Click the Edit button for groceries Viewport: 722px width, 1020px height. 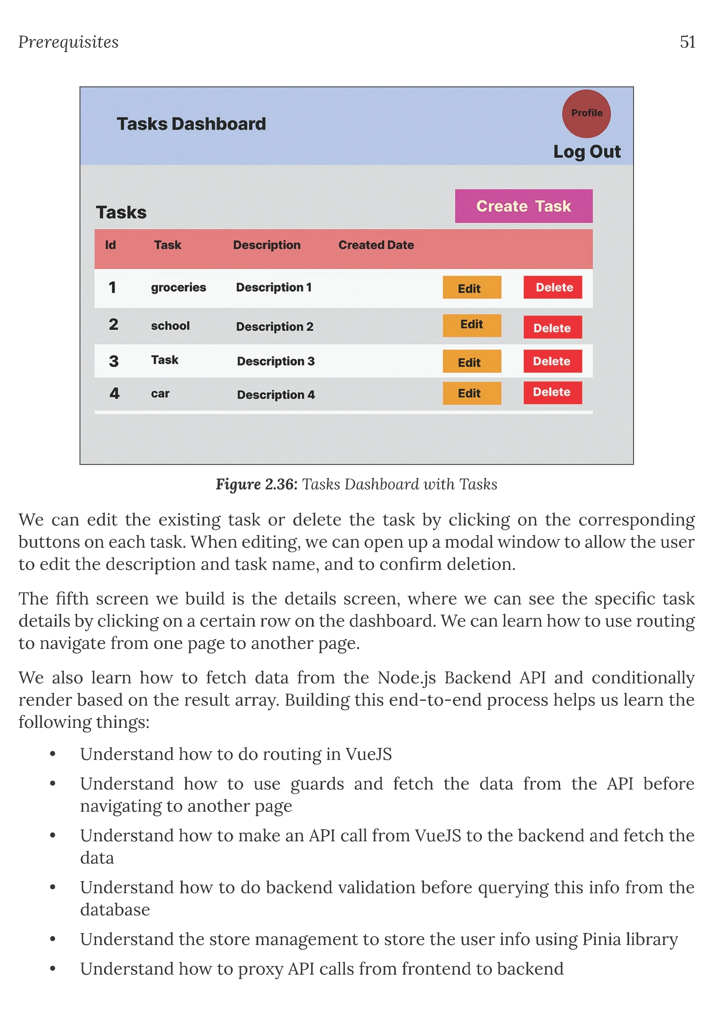click(472, 288)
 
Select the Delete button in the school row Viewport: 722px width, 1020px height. click(552, 327)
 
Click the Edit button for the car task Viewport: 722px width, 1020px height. click(472, 393)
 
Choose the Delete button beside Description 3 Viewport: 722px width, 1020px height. click(552, 361)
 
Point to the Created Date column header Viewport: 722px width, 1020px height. click(376, 245)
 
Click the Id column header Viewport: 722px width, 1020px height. click(110, 245)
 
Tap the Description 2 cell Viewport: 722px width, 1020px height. click(274, 326)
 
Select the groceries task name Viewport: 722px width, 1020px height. click(178, 287)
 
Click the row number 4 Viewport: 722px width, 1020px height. click(114, 393)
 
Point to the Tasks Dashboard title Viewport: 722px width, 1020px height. click(191, 124)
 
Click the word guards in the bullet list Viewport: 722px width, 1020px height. click(317, 784)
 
